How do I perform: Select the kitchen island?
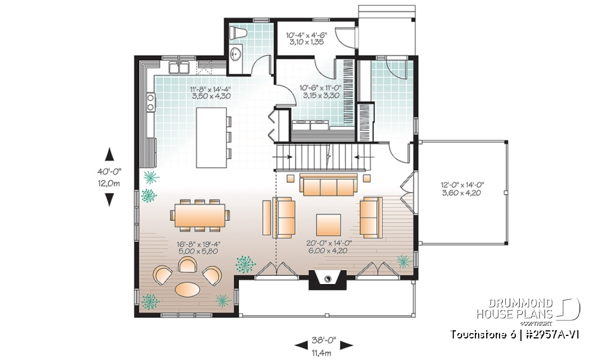coord(211,137)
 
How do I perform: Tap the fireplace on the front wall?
coord(328,278)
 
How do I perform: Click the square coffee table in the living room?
coord(328,223)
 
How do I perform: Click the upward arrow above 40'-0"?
coord(109,154)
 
